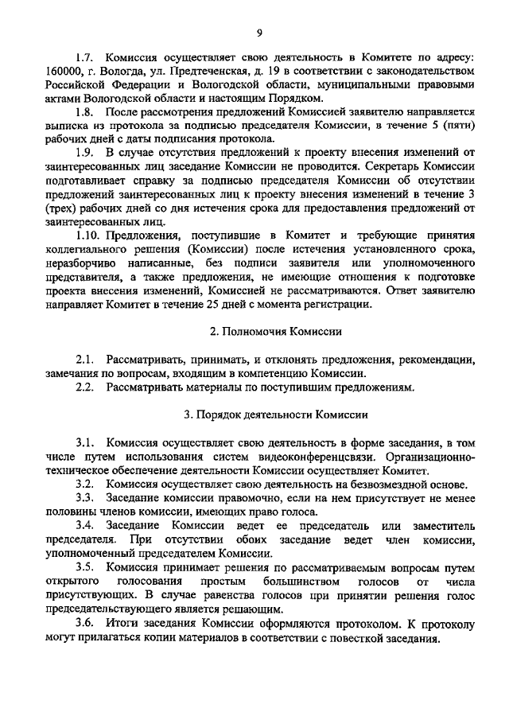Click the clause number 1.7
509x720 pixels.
click(x=85, y=60)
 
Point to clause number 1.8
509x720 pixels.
click(x=85, y=115)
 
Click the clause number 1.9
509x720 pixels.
click(x=85, y=152)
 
